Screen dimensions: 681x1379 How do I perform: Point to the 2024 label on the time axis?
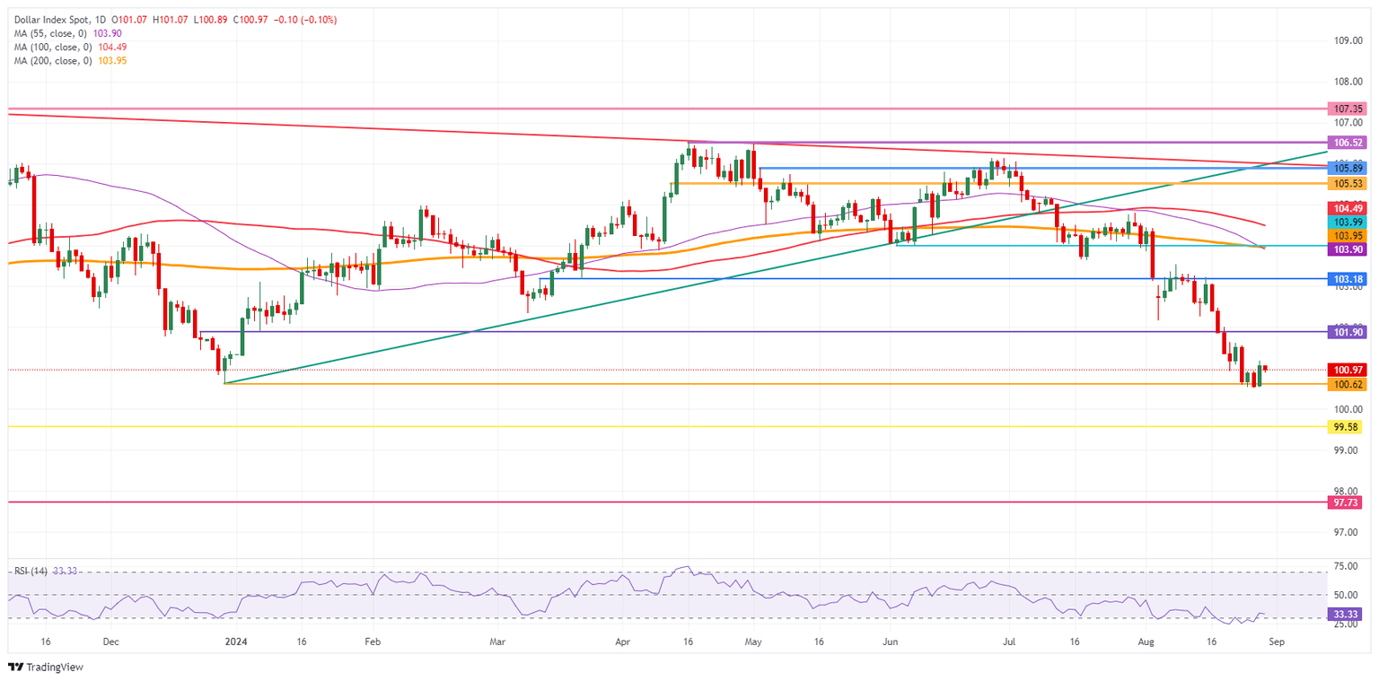point(235,642)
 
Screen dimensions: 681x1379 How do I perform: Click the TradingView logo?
point(45,667)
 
